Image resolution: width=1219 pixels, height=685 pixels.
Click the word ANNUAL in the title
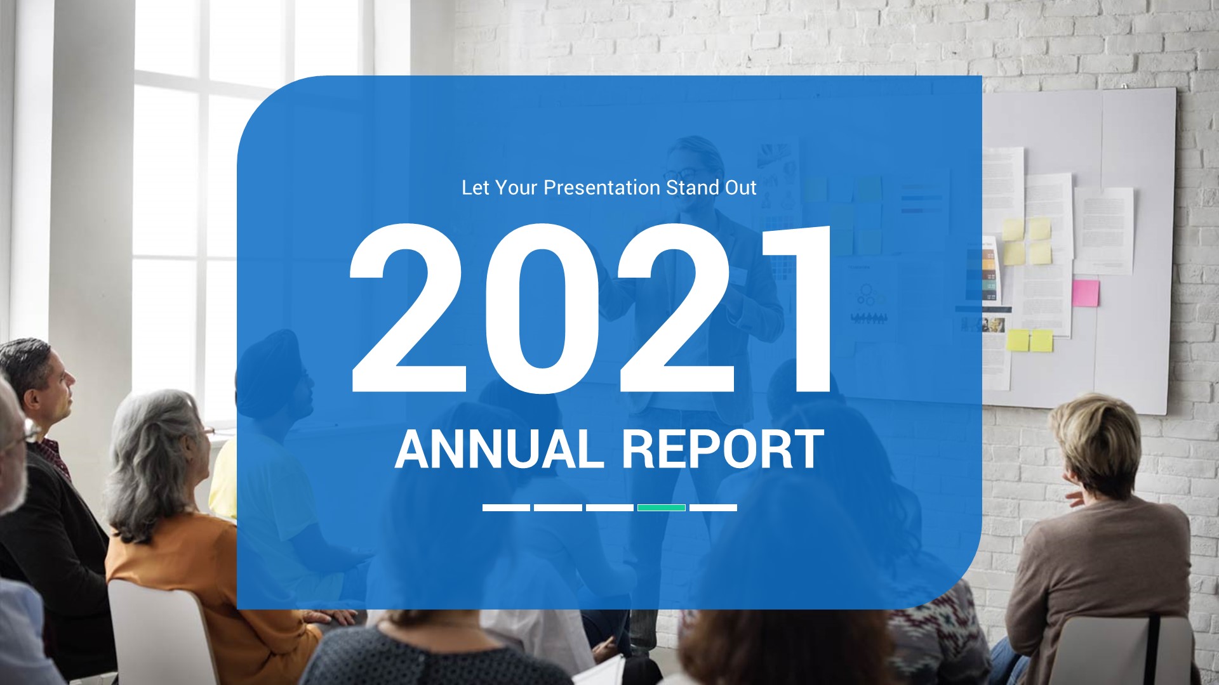pos(499,449)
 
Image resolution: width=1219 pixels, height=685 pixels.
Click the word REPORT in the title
pos(723,449)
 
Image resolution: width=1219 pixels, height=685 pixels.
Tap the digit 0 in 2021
pos(542,310)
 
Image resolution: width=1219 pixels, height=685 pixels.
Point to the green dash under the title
pos(661,507)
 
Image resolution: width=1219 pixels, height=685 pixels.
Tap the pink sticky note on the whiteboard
pos(1085,292)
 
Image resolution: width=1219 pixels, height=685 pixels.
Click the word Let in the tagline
pos(474,188)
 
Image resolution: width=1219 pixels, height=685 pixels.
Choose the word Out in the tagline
pos(740,188)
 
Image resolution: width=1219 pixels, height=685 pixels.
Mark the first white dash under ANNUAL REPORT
pos(506,507)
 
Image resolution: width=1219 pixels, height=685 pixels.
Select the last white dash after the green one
pos(713,507)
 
